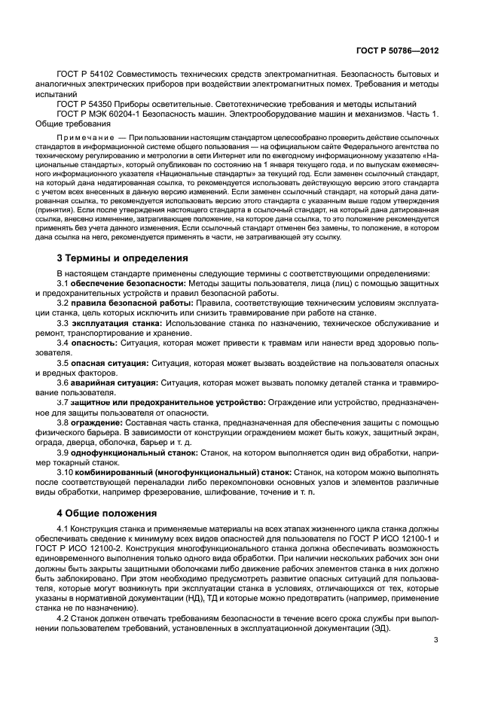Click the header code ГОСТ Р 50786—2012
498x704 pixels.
401,51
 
